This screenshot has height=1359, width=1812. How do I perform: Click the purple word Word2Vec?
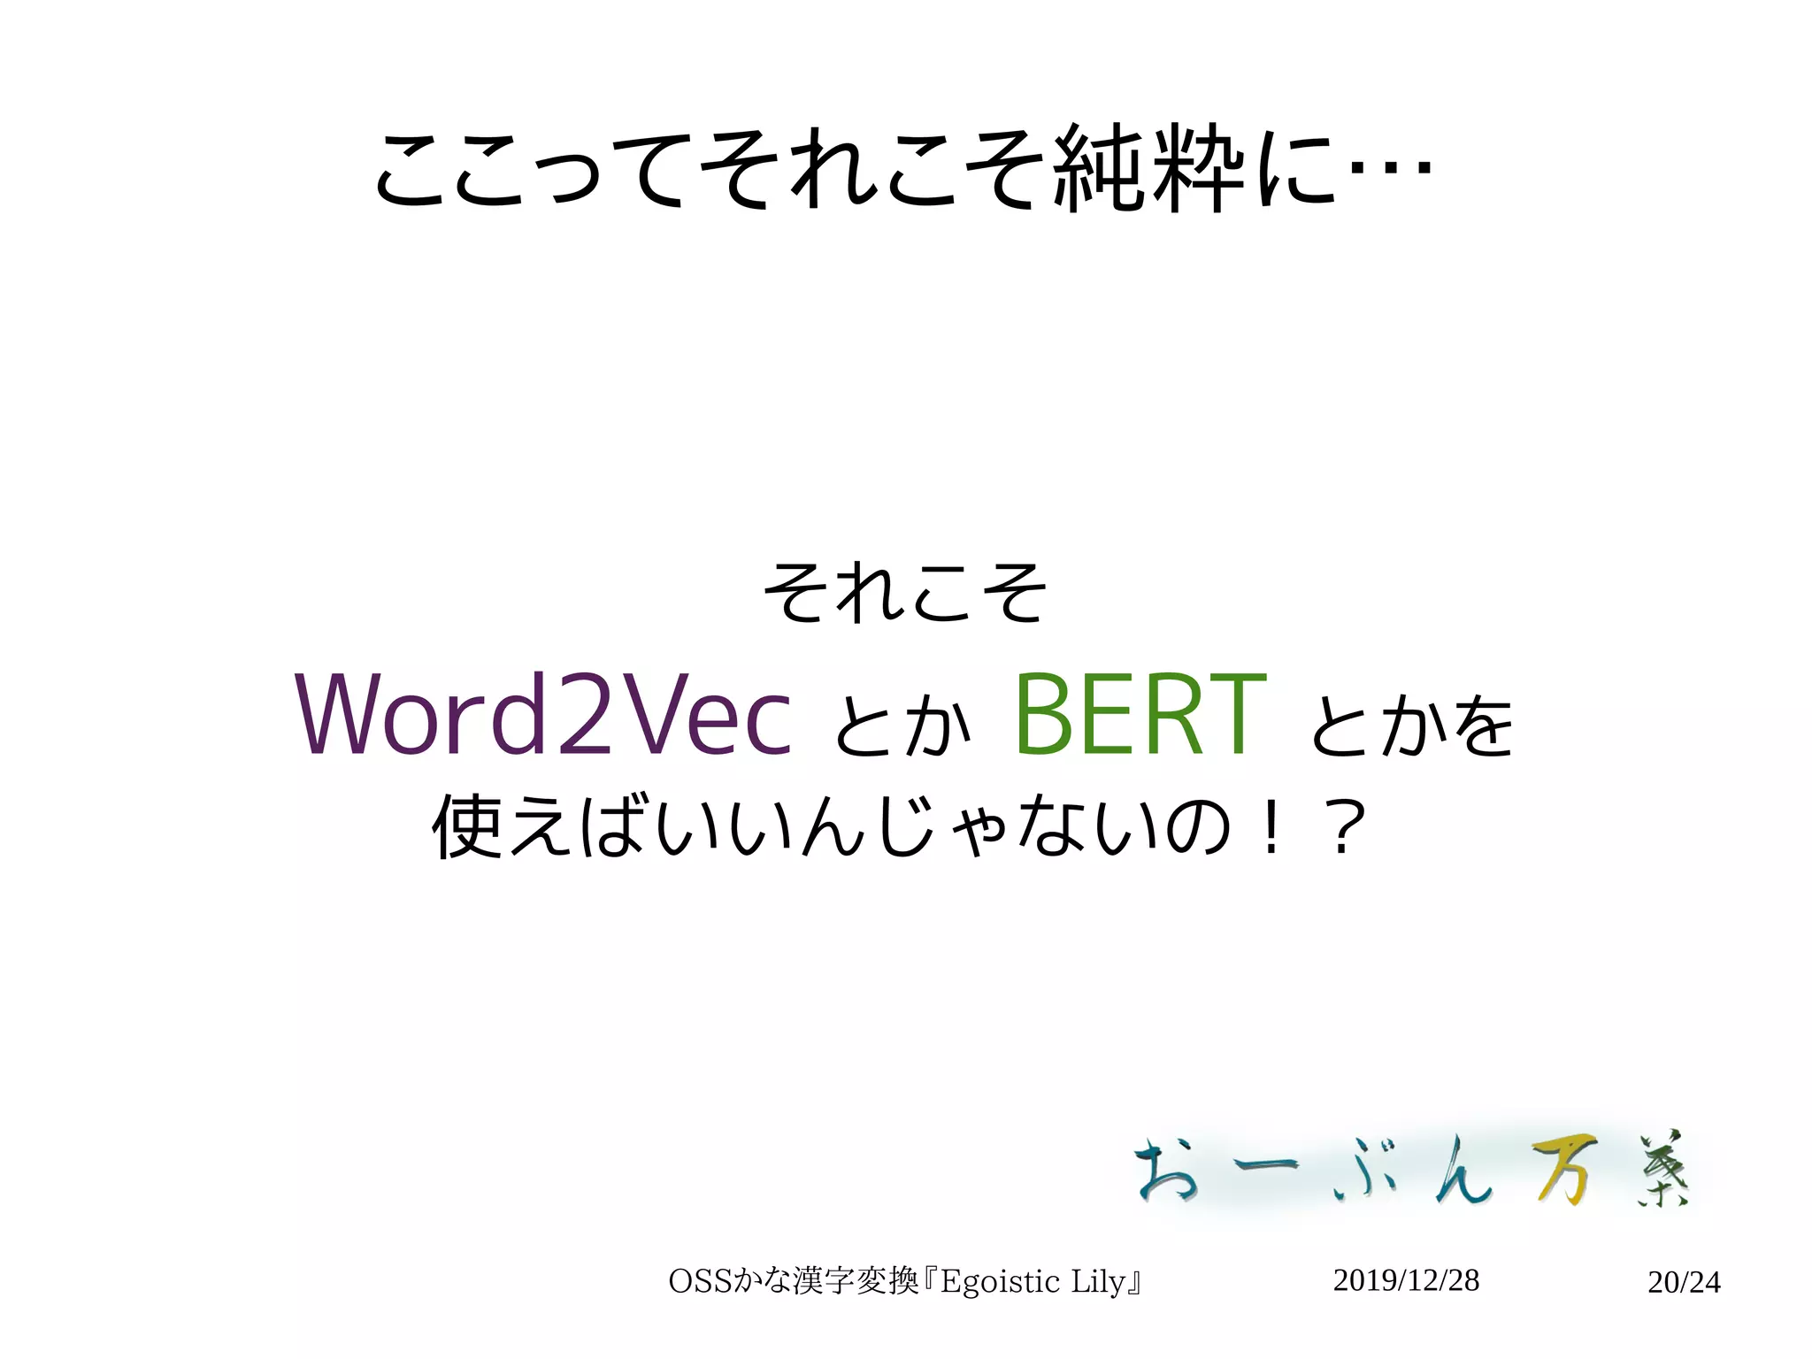click(x=543, y=715)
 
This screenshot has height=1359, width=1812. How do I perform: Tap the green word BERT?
click(x=1140, y=715)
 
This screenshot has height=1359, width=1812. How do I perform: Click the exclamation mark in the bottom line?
click(x=1271, y=827)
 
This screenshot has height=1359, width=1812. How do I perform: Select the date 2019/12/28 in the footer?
click(x=1405, y=1280)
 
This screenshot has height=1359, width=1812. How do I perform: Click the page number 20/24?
click(x=1684, y=1282)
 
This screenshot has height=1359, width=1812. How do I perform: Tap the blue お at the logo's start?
click(x=1168, y=1170)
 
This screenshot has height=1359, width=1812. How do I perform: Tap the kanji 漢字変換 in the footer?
click(x=856, y=1281)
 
